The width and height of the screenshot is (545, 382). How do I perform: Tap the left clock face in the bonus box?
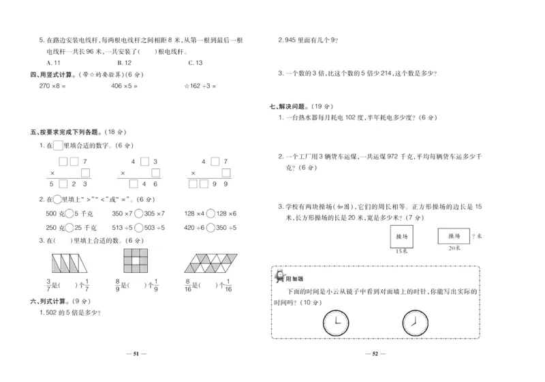pyautogui.click(x=334, y=321)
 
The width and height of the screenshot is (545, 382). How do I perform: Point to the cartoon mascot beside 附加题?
pyautogui.click(x=280, y=276)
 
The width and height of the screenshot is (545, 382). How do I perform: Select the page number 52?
pyautogui.click(x=375, y=354)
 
